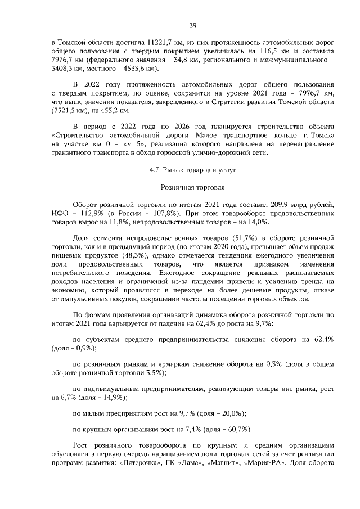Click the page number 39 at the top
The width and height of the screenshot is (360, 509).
coord(192,25)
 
